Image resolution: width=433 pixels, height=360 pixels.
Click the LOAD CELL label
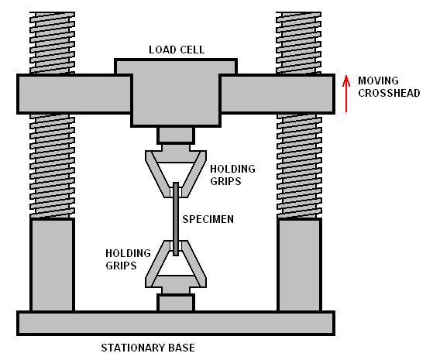point(177,50)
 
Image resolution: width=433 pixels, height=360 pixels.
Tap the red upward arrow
point(346,94)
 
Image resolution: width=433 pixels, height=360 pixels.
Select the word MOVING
point(378,81)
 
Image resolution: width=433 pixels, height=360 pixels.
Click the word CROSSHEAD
point(389,93)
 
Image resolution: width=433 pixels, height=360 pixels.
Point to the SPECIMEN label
point(208,219)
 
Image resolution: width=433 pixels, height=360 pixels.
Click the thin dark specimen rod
point(176,219)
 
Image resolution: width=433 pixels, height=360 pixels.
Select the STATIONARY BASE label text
point(148,348)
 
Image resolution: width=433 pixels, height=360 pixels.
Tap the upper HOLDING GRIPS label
point(233,175)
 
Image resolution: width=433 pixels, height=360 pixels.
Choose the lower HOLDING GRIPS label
point(128,259)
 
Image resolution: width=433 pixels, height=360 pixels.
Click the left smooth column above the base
point(52,265)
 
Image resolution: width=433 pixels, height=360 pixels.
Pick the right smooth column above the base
point(299,265)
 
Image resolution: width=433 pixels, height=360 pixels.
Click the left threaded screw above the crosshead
point(52,43)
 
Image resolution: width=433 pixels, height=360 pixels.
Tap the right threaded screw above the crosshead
point(298,43)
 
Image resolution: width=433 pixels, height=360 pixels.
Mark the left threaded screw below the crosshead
point(52,166)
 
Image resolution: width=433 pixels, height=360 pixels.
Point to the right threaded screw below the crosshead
point(299,166)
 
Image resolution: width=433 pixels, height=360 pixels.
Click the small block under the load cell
point(176,135)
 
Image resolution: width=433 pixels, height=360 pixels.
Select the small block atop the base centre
point(176,303)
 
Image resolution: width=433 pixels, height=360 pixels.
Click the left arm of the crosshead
point(74,94)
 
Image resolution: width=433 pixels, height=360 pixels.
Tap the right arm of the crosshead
point(277,94)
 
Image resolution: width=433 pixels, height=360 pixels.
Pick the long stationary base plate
point(176,323)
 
